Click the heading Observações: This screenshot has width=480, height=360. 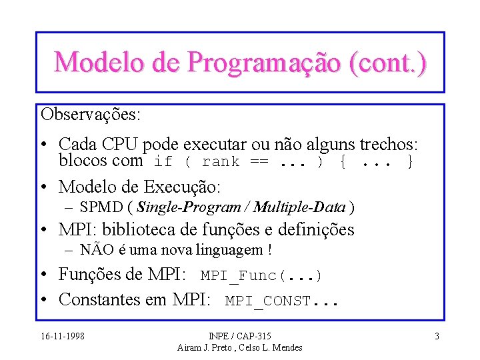[x=91, y=114]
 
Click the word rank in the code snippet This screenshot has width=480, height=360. [x=221, y=162]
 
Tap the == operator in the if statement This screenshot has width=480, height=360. [x=260, y=162]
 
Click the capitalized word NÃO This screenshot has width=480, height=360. [x=94, y=250]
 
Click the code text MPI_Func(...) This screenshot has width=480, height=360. [x=261, y=275]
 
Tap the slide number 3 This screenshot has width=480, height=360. [x=437, y=336]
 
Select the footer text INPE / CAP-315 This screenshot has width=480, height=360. [x=240, y=336]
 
